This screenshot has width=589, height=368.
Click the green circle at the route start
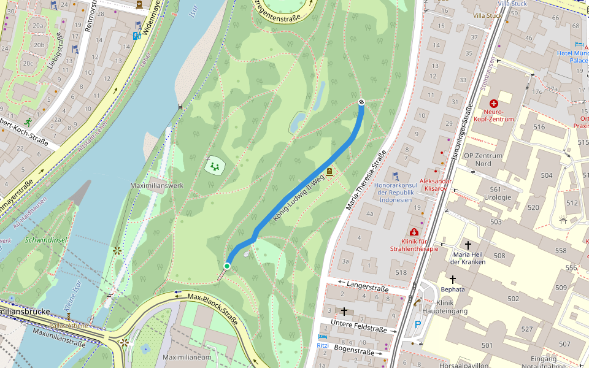227,266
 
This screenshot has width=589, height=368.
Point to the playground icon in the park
215,165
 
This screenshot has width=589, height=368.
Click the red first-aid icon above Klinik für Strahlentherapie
414,232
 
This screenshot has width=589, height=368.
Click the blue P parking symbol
418,324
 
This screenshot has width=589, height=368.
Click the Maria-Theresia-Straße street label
366,180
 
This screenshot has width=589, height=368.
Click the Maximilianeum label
187,357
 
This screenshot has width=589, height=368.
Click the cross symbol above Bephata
453,279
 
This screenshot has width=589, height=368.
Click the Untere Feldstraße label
358,326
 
